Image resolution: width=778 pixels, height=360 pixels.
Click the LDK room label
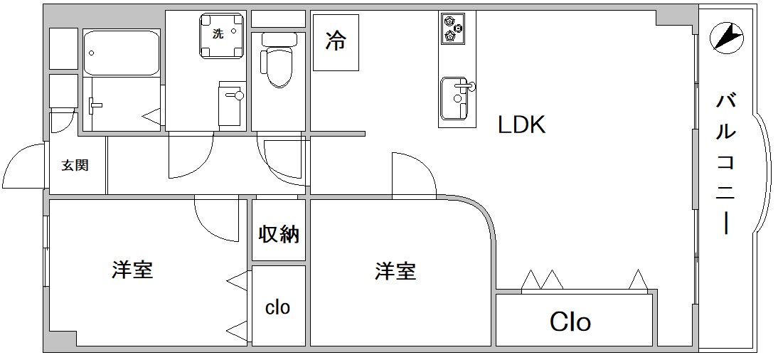coord(521,125)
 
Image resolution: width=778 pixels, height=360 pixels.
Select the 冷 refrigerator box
coord(336,41)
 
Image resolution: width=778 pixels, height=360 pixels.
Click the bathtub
coord(121,53)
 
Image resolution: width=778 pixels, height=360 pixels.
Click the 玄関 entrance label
coord(75,165)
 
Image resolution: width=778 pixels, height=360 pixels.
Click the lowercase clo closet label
coord(278,307)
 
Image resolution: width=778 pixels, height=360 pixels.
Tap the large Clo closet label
coord(570,322)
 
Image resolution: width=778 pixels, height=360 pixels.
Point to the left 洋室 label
coord(132,270)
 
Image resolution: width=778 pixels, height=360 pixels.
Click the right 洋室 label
coord(395,271)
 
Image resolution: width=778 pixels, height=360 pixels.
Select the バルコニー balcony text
coord(725,164)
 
